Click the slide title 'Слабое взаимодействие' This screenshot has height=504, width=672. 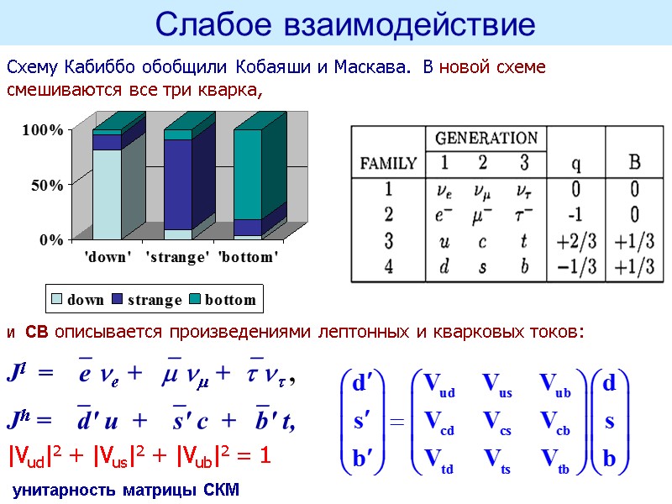(x=345, y=24)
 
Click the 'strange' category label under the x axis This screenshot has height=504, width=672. (x=177, y=257)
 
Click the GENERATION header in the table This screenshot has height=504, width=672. (x=486, y=138)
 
